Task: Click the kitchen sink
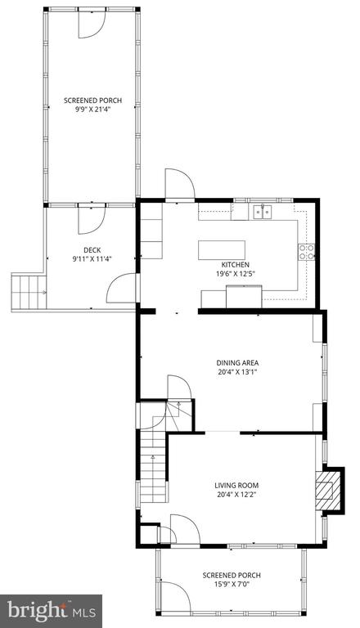[262, 212]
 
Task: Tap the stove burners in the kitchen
[306, 253]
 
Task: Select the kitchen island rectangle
[222, 250]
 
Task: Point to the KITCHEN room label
[236, 265]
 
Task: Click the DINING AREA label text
[237, 363]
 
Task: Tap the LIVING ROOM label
[236, 486]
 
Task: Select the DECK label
[92, 250]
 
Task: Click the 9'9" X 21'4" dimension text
[92, 109]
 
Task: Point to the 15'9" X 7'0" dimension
[232, 585]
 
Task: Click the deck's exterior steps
[29, 292]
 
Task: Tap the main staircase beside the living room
[153, 466]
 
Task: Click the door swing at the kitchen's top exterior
[180, 184]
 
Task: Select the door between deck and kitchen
[121, 288]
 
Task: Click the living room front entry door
[185, 530]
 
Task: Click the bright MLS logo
[52, 611]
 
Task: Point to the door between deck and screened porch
[92, 219]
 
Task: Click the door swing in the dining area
[179, 387]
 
